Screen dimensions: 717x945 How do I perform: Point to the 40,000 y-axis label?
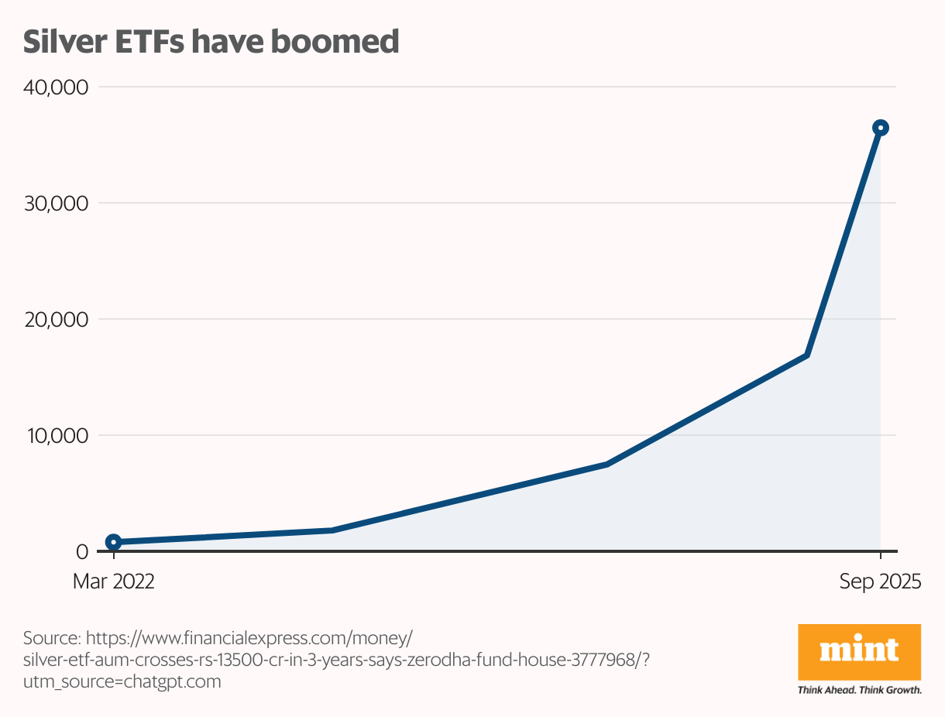[59, 87]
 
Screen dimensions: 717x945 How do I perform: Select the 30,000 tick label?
[59, 203]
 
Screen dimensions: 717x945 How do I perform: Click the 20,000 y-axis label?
[59, 319]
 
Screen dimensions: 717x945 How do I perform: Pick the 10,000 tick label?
[59, 435]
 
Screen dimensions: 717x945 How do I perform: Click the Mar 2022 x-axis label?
[114, 581]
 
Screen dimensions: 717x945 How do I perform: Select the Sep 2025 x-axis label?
[881, 581]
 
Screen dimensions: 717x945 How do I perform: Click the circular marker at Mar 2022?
[114, 542]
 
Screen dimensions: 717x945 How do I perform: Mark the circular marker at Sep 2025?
[881, 128]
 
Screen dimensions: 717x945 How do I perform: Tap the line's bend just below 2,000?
[332, 530]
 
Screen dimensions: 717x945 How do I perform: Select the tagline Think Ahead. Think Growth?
[859, 690]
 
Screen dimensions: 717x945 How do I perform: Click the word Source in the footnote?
[51, 639]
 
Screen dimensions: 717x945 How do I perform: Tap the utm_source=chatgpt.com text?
[122, 682]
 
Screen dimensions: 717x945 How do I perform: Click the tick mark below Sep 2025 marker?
[881, 556]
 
